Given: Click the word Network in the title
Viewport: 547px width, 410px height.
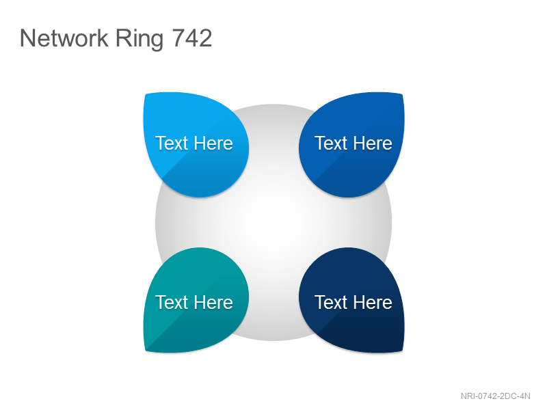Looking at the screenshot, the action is click(x=64, y=38).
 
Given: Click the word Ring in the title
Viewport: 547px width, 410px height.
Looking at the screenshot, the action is click(x=139, y=39).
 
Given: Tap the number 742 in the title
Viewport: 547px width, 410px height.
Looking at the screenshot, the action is click(x=192, y=38).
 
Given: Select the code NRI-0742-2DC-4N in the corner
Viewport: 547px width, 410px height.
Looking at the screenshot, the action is click(x=495, y=396).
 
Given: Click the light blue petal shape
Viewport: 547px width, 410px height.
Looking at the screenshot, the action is click(x=196, y=144).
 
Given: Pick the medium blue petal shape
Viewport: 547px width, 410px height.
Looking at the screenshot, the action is click(x=351, y=144).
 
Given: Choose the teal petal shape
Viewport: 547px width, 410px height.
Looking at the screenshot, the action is click(x=196, y=300).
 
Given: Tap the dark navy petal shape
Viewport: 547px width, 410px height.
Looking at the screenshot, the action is click(x=351, y=300).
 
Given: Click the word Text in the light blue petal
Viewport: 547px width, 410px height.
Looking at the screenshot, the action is click(x=172, y=143).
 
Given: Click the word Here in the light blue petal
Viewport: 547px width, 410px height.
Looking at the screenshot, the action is click(x=213, y=143).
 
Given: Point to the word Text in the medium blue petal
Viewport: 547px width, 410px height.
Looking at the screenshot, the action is click(x=331, y=143).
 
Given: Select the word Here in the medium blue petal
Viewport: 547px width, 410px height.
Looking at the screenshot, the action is click(x=373, y=143).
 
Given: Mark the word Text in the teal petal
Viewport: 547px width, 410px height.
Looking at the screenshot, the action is click(x=172, y=302).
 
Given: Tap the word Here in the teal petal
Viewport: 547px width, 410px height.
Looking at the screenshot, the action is click(x=213, y=302).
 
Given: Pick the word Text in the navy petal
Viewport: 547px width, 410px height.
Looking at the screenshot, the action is click(x=331, y=302).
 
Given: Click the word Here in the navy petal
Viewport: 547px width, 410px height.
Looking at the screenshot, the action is click(x=373, y=302).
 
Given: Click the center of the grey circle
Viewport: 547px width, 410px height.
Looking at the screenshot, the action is click(x=273, y=223).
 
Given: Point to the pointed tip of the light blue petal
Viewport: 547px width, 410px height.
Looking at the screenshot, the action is click(x=145, y=94).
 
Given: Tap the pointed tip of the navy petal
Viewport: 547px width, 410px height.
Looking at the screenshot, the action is click(x=402, y=351).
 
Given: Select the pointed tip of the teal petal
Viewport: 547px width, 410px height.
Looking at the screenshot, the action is click(x=146, y=351).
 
